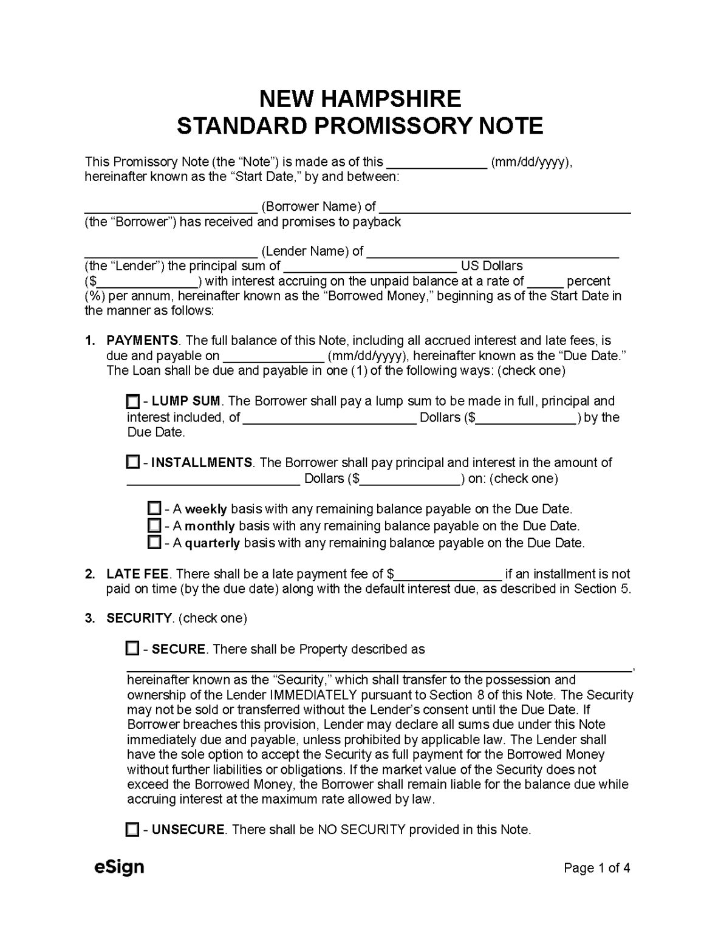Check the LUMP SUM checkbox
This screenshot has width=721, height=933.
tap(132, 402)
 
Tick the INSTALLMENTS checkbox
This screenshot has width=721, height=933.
tap(132, 462)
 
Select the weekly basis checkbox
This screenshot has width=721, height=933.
tap(154, 508)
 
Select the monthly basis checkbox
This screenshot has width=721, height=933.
tap(154, 525)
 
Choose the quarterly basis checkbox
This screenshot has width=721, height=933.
tap(154, 542)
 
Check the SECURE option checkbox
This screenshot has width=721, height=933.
tap(132, 649)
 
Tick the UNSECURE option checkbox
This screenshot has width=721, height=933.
tap(132, 829)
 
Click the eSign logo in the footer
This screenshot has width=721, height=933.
tap(119, 867)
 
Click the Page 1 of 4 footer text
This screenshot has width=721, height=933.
tap(596, 868)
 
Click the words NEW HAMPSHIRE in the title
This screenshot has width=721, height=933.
tap(360, 98)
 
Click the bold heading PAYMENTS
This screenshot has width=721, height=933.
tap(142, 341)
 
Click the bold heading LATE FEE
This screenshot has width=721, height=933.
tap(138, 574)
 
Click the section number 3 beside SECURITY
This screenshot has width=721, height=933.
tap(89, 618)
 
